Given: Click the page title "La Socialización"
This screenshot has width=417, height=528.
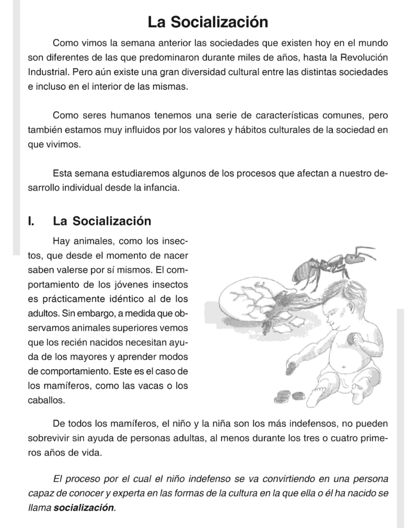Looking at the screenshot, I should [x=208, y=22].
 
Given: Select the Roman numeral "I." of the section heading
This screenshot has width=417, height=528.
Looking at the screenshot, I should [x=31, y=221].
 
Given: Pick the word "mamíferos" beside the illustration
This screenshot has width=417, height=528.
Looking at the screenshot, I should [x=65, y=387].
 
